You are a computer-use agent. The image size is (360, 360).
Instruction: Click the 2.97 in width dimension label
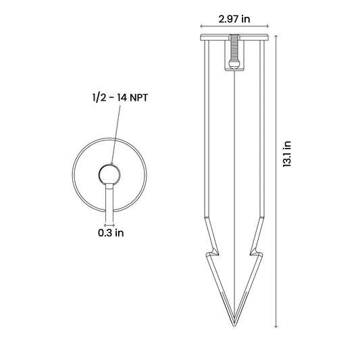pos(234,19)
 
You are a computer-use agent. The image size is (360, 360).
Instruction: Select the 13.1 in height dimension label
pos(287,154)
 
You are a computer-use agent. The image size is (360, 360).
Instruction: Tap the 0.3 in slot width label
pos(111,233)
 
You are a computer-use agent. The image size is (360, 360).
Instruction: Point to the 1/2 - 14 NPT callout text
pos(120,98)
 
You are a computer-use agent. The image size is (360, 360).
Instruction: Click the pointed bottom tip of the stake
pos(234,326)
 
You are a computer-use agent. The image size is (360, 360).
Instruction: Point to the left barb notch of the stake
pos(213,252)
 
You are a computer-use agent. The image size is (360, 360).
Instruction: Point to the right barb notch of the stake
pos(256,252)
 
